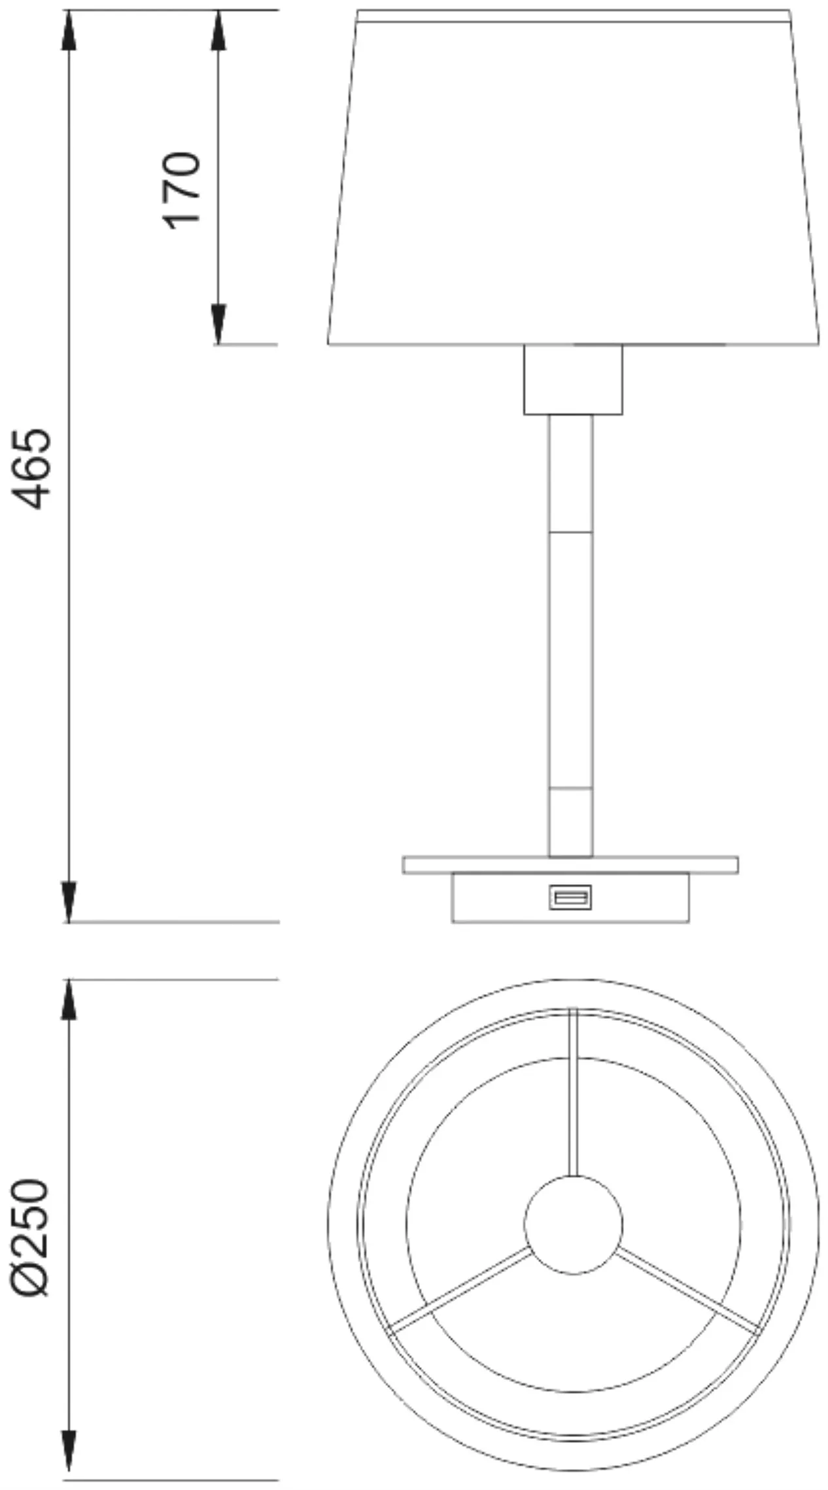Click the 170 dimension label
181,190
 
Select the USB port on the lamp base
570,896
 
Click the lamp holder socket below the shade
572,380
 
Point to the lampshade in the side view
573,183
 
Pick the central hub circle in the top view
573,1225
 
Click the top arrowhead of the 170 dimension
218,29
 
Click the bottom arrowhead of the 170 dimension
218,325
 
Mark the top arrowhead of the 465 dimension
69,29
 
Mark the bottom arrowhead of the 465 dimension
69,902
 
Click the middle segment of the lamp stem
571,660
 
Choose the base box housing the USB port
497,898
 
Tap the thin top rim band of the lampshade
573,16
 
